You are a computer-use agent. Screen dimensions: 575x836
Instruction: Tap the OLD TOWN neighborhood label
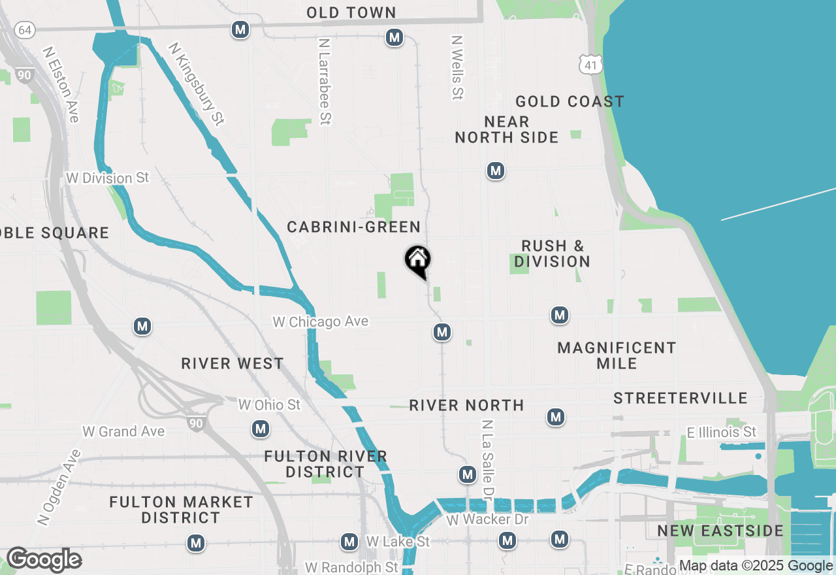(351, 12)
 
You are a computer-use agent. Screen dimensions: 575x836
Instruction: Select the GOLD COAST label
(570, 101)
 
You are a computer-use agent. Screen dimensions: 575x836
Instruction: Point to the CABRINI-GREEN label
(354, 227)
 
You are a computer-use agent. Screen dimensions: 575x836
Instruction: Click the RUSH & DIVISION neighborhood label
(552, 254)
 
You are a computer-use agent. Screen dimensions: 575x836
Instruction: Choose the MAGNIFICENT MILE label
(617, 355)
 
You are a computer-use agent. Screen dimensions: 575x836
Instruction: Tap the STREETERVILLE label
(680, 398)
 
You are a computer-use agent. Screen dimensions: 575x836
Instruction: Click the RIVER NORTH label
(466, 405)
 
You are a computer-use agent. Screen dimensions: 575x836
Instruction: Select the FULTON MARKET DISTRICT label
(181, 510)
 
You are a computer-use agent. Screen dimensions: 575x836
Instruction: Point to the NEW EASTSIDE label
(720, 530)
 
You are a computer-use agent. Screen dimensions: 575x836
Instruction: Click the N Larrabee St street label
(325, 80)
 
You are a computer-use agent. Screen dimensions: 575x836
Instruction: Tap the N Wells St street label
(457, 67)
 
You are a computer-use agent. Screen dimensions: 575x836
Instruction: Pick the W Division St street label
(108, 178)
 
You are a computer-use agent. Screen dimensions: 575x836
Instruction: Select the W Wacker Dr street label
(487, 520)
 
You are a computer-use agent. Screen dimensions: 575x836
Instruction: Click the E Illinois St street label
(721, 432)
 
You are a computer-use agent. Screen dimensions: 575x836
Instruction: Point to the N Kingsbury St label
(196, 84)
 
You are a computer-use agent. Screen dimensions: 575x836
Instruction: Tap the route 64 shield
(25, 30)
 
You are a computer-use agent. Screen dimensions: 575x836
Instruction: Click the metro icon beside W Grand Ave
(261, 429)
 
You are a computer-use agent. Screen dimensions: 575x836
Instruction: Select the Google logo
(44, 560)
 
